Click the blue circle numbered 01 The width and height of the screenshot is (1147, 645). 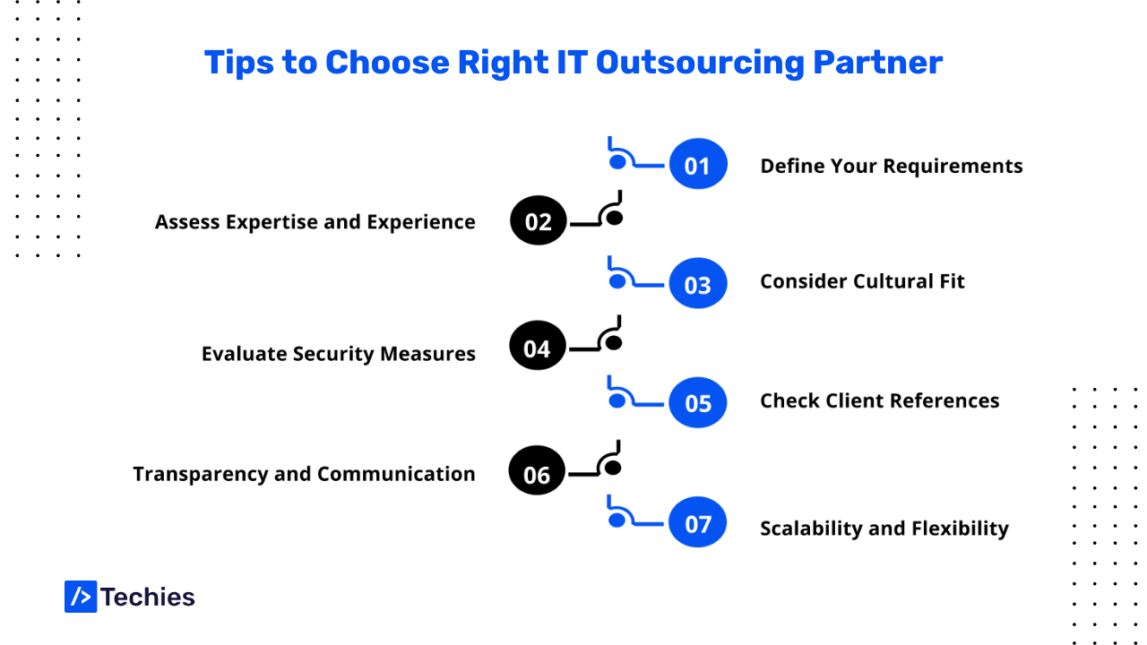[x=698, y=164]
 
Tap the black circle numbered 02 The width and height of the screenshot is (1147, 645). [x=539, y=220]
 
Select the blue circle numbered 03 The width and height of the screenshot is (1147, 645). [x=698, y=283]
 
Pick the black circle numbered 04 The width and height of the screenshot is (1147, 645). [x=537, y=346]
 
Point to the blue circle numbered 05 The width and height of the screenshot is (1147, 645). [x=698, y=402]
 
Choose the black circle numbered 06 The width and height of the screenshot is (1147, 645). [x=537, y=470]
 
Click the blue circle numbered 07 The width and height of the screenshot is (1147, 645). [x=697, y=522]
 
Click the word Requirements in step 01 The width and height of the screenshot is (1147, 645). [x=953, y=167]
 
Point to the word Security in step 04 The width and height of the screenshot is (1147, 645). [x=333, y=354]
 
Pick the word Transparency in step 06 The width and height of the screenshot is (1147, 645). [x=200, y=475]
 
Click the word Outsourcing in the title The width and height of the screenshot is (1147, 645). [x=700, y=64]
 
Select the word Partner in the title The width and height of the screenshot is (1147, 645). [x=877, y=63]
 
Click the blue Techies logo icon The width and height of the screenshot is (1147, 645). [x=81, y=597]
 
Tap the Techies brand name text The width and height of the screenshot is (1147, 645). [x=148, y=597]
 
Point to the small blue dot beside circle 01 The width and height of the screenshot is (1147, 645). [x=617, y=162]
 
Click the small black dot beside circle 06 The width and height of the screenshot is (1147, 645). [x=612, y=468]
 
